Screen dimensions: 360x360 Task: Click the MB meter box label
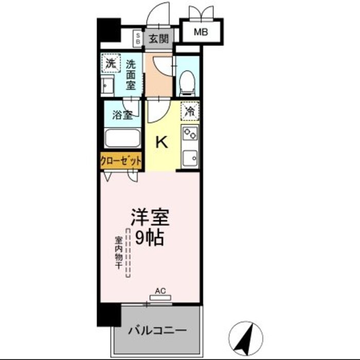tap(201, 32)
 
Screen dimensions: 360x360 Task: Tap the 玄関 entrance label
tap(158, 38)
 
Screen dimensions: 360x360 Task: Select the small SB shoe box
tap(138, 38)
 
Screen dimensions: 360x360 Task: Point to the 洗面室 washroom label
tap(131, 75)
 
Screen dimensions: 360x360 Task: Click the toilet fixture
tap(187, 82)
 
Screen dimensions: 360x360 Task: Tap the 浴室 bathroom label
tap(121, 115)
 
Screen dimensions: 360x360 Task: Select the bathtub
tap(122, 138)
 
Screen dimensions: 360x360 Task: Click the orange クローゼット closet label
tap(121, 161)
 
